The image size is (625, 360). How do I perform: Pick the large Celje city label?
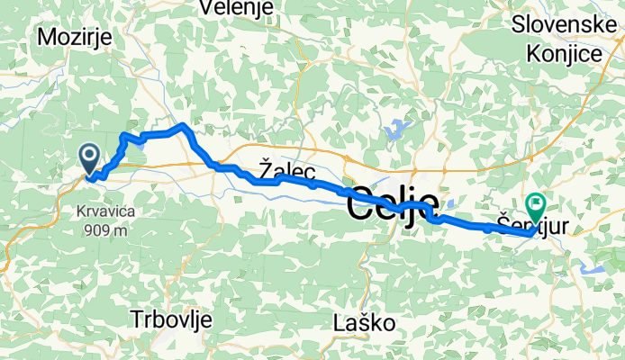[x=394, y=203]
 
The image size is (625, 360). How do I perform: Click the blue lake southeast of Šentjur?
[x=593, y=267]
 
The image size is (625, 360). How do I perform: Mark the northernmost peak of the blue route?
[x=183, y=125]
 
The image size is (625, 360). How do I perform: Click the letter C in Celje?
[x=361, y=203]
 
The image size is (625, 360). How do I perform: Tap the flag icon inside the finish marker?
[x=537, y=205]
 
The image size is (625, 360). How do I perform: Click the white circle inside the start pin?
[x=90, y=155]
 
